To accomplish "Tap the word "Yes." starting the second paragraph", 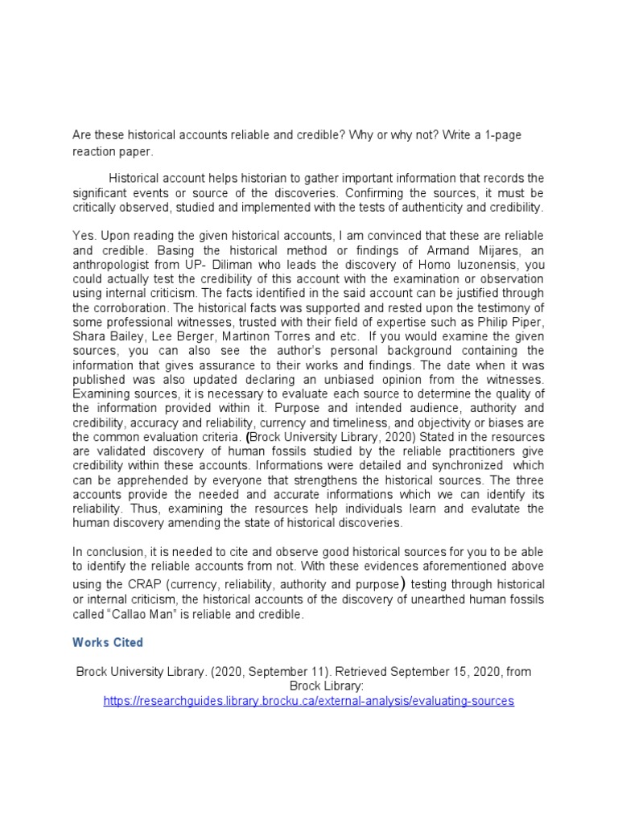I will pyautogui.click(x=84, y=234).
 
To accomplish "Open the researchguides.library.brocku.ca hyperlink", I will pyautogui.click(x=308, y=701).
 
